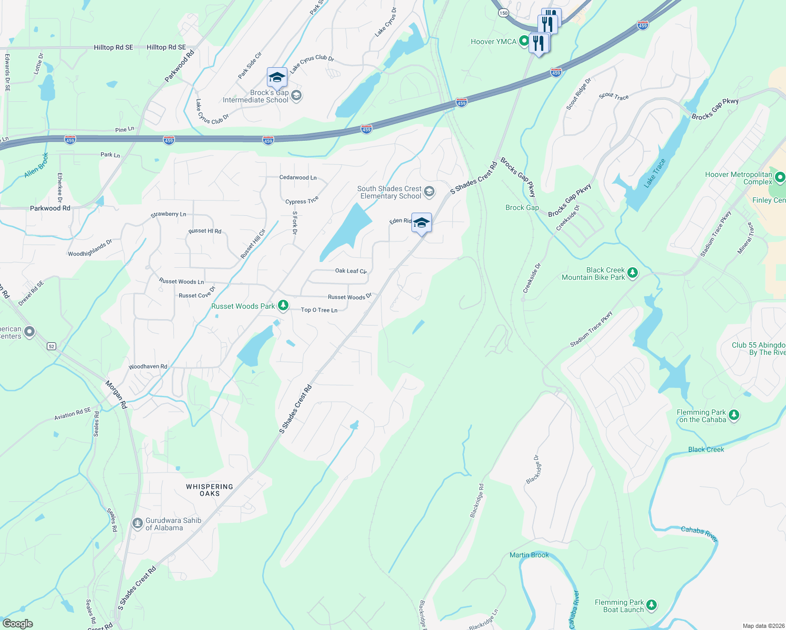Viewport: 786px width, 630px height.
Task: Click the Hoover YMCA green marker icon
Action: [x=523, y=41]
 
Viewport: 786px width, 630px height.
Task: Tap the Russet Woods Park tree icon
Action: [x=283, y=306]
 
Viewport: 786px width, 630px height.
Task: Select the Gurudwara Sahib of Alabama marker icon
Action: [x=138, y=523]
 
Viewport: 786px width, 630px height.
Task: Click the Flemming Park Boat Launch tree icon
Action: [x=651, y=605]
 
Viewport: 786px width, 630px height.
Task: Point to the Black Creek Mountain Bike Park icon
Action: [x=633, y=272]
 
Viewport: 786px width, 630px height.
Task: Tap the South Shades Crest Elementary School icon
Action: [x=429, y=192]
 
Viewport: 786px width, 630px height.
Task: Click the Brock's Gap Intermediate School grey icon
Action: [x=296, y=96]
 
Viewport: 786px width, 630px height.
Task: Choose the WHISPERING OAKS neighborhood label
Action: [x=210, y=490]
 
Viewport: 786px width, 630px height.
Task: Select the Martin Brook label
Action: [x=529, y=555]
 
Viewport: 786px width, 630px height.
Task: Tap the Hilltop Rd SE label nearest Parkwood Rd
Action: [x=166, y=47]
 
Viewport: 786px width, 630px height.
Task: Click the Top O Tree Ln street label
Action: [x=319, y=310]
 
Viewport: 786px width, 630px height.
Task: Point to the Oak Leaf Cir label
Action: [x=350, y=271]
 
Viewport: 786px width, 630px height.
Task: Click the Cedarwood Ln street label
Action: [x=298, y=177]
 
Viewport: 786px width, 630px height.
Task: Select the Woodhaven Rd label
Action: [x=148, y=366]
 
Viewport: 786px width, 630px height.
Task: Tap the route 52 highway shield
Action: [x=51, y=346]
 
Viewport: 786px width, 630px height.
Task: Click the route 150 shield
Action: [x=503, y=13]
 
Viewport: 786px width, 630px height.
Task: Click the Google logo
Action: [x=18, y=624]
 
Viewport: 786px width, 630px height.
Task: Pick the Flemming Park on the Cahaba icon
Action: [x=734, y=415]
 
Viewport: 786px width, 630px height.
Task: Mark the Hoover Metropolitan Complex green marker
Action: [x=780, y=177]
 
